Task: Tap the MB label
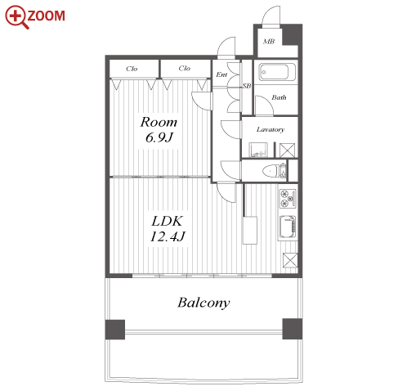click(269, 42)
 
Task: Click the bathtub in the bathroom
click(277, 72)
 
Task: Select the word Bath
click(279, 97)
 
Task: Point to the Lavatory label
click(271, 129)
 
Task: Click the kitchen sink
click(288, 227)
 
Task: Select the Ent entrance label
click(221, 74)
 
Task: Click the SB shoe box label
click(247, 86)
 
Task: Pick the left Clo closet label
click(132, 69)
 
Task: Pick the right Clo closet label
click(185, 68)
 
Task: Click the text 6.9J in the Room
click(159, 137)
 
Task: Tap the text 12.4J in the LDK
click(168, 236)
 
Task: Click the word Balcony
click(203, 303)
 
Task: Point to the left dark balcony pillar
click(115, 330)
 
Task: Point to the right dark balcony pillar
click(293, 329)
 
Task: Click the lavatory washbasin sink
click(257, 150)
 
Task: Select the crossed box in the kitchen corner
click(290, 260)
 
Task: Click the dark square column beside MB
click(292, 34)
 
